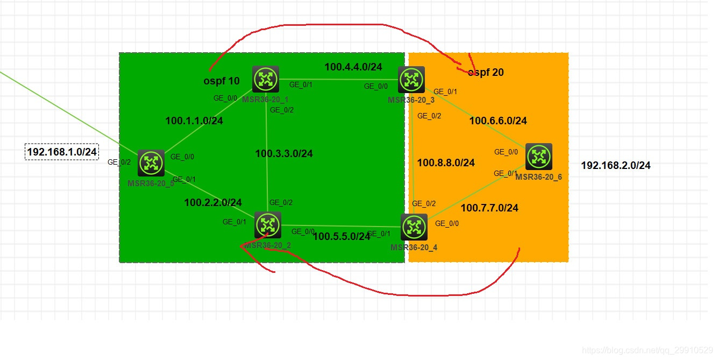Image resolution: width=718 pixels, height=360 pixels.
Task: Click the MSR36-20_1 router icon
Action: pos(266,80)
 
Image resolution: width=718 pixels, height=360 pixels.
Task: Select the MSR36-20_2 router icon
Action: pos(267,225)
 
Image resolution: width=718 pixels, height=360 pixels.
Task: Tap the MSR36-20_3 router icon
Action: pos(411,80)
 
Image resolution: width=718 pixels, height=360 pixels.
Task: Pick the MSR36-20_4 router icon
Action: pos(414,227)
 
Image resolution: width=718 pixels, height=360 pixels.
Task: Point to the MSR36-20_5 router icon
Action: pos(151,163)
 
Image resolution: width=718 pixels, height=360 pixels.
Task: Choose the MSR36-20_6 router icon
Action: pos(538,157)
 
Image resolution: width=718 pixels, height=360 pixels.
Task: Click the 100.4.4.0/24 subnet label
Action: pos(353,67)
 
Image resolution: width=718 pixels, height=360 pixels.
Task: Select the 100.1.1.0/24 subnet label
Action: pos(194,121)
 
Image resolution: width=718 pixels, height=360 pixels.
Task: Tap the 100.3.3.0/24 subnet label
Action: pos(284,154)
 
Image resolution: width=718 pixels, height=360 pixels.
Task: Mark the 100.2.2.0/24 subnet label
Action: pos(213,202)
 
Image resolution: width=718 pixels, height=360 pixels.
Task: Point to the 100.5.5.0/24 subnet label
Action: pos(342,236)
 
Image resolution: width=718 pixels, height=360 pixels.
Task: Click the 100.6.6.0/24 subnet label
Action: pos(498,121)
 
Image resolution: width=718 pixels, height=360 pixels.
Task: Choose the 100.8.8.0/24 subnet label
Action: pos(446,163)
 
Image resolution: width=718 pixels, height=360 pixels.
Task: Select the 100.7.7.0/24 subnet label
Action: pos(489,208)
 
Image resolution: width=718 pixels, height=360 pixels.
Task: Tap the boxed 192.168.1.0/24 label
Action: pos(62,152)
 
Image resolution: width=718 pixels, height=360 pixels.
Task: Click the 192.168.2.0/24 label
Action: pos(616,166)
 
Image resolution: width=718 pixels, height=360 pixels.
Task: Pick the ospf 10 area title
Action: pos(222,81)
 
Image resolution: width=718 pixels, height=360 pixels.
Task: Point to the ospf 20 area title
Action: pos(486,73)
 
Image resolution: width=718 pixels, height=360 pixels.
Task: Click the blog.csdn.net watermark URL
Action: pos(648,350)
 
